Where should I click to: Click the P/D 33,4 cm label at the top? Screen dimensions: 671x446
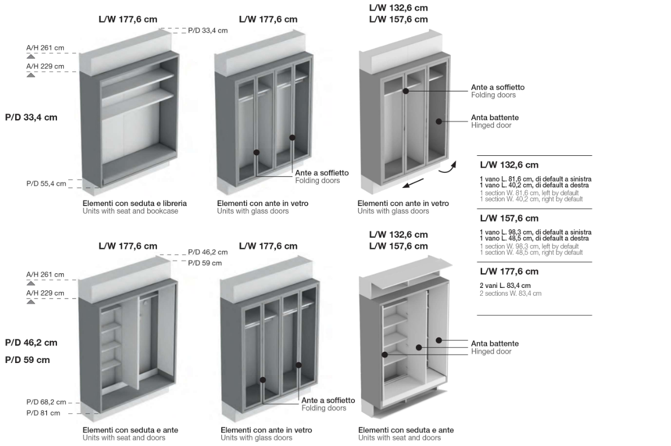(208, 30)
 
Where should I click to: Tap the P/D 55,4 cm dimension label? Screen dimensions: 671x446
(46, 183)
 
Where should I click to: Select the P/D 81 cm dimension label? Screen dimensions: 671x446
(43, 413)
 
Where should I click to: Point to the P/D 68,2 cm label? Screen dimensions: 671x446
(46, 402)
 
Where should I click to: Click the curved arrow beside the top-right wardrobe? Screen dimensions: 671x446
(448, 167)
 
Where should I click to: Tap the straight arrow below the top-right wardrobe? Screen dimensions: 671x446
(414, 183)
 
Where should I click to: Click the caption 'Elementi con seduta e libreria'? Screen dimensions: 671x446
(135, 203)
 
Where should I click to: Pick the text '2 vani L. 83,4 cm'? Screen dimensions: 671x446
(506, 286)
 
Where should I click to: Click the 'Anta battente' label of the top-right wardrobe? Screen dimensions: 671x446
(495, 117)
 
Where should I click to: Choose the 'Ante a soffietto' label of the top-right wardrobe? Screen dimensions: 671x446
(498, 88)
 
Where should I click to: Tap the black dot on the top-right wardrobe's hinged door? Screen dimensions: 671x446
(438, 121)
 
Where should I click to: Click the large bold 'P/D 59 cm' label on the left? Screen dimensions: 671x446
(28, 360)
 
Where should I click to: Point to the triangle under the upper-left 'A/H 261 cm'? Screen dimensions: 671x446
(31, 56)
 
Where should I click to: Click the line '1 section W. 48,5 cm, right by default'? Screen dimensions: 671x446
(532, 252)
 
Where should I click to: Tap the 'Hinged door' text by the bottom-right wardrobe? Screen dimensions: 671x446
(492, 351)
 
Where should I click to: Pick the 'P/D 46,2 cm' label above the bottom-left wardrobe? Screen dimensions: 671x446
(208, 252)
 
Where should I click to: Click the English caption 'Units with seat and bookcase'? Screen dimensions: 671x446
(130, 211)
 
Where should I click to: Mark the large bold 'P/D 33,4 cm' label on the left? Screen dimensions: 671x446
(31, 117)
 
